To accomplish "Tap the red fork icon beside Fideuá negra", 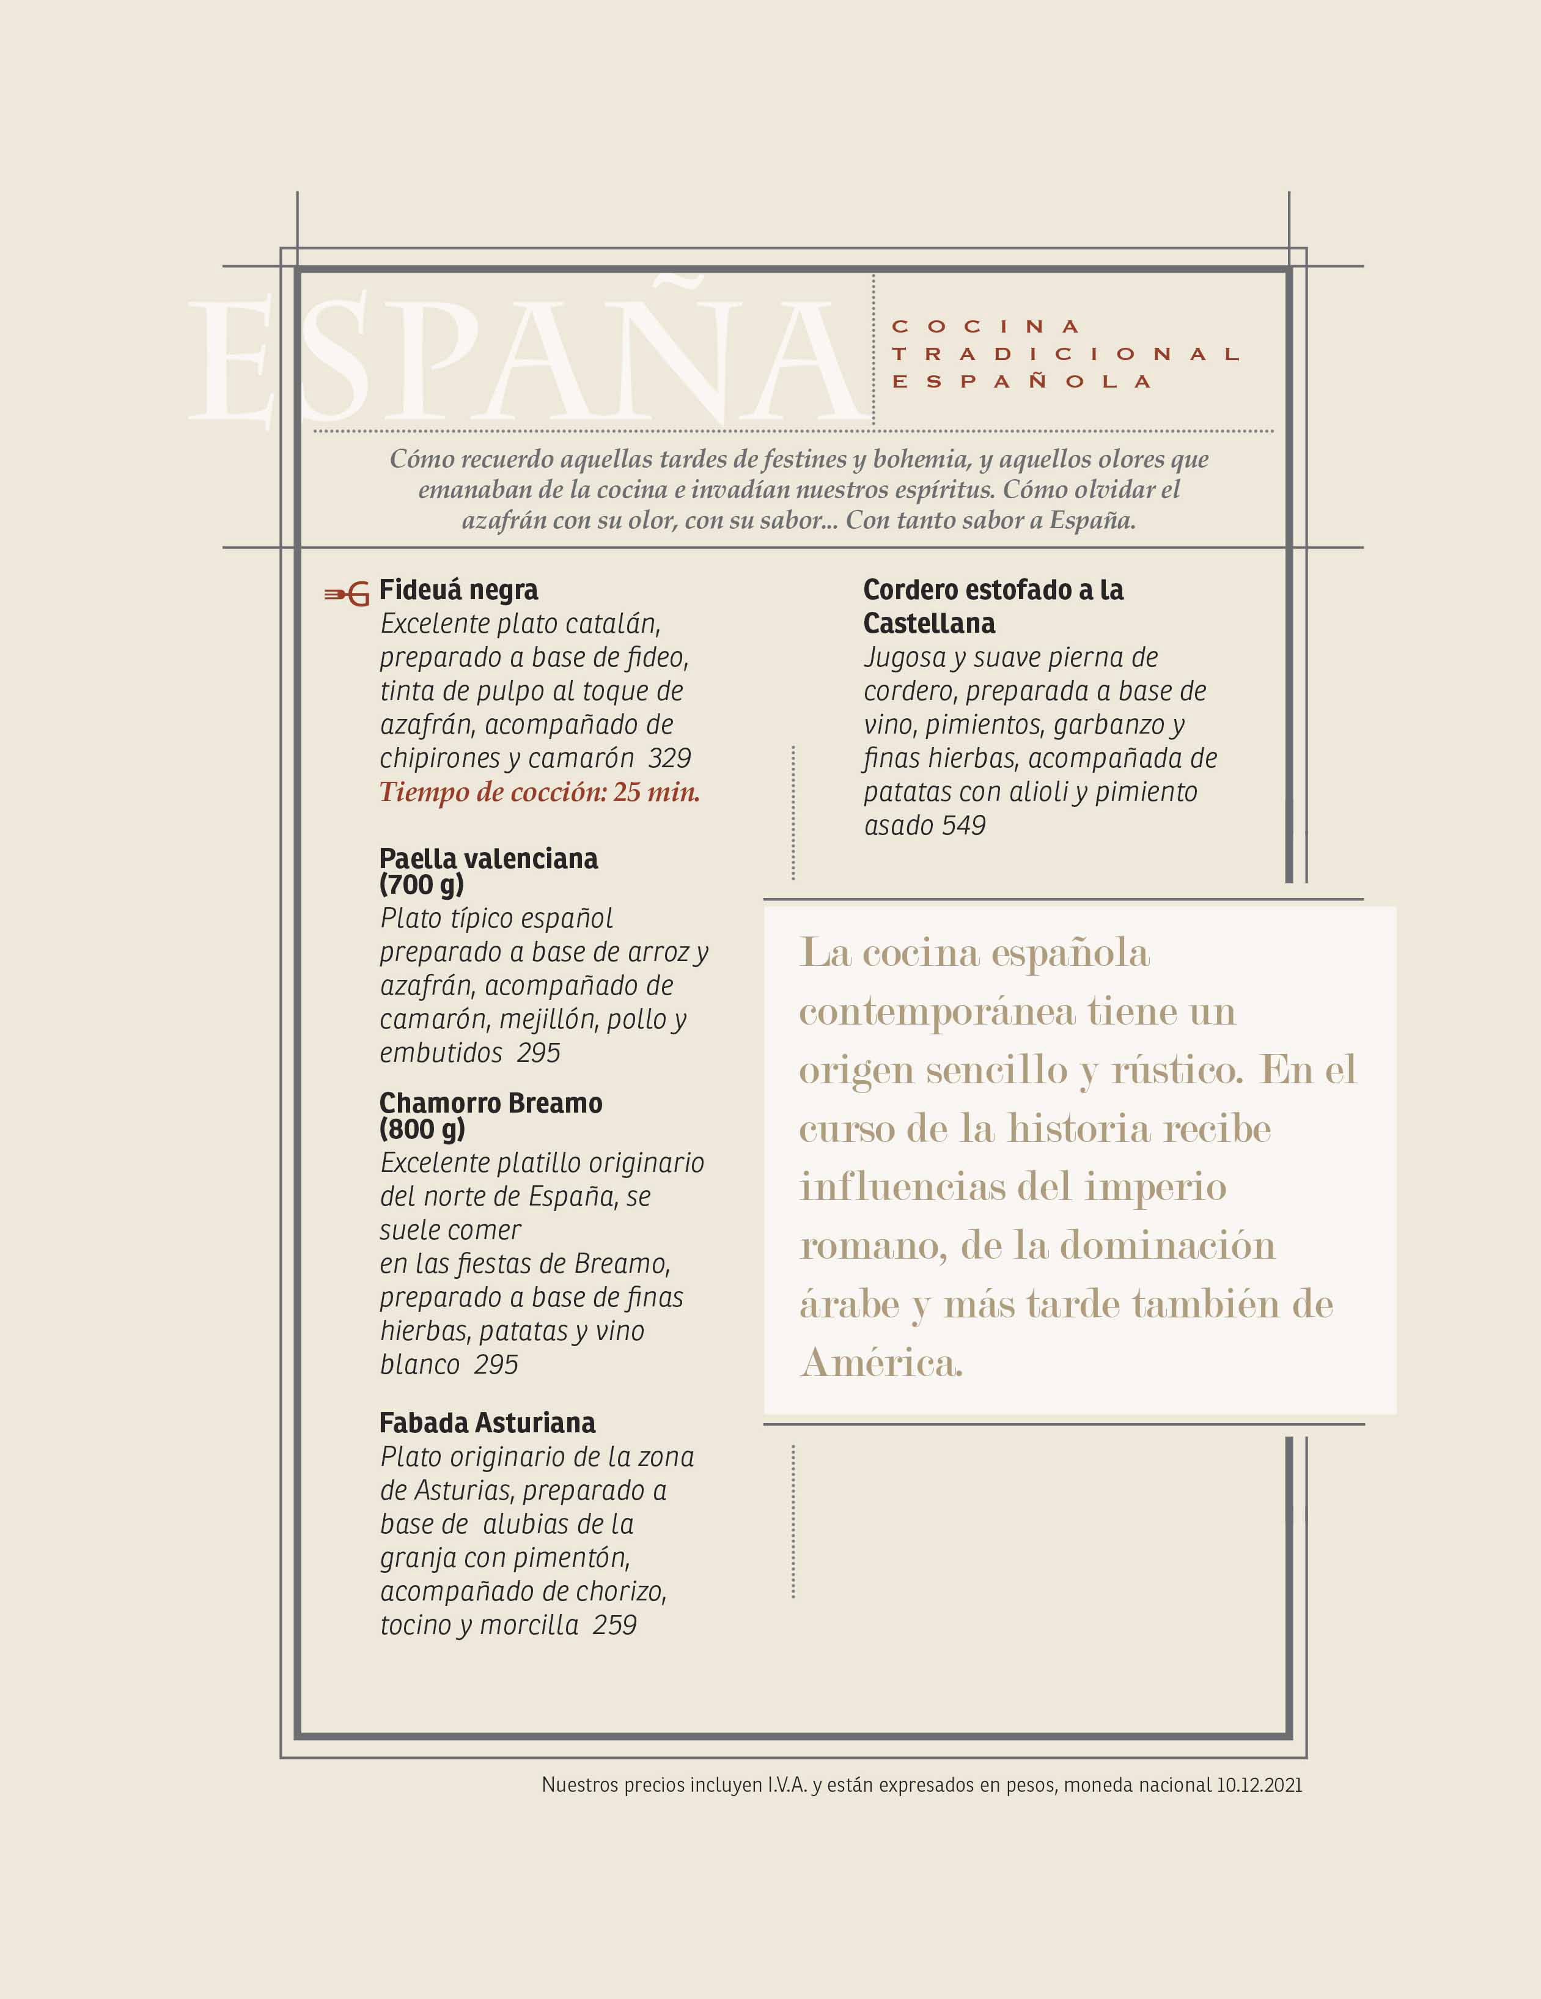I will pyautogui.click(x=347, y=594).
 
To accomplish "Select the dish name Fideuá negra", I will pyautogui.click(x=458, y=591).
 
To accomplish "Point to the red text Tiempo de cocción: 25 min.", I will pyautogui.click(x=539, y=792).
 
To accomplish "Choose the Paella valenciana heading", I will pyautogui.click(x=488, y=858).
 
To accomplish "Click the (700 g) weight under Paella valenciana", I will pyautogui.click(x=422, y=884).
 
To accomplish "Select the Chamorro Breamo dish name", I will pyautogui.click(x=490, y=1103).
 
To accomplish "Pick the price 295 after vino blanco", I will pyautogui.click(x=496, y=1364).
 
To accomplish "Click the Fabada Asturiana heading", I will pyautogui.click(x=487, y=1423).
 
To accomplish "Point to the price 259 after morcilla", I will pyautogui.click(x=614, y=1625).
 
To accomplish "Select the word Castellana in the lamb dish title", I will pyautogui.click(x=929, y=624).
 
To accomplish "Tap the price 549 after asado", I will pyautogui.click(x=963, y=826).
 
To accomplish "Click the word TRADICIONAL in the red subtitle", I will pyautogui.click(x=1066, y=354).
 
